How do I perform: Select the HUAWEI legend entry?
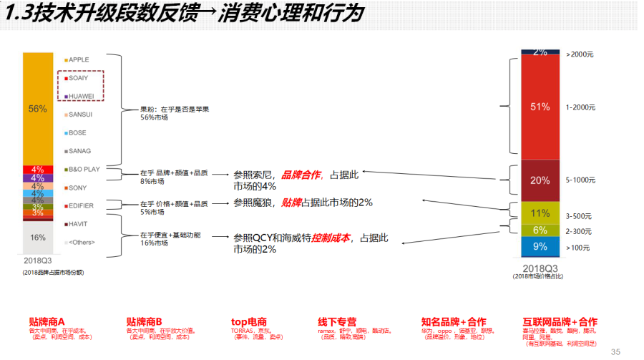[x=81, y=96]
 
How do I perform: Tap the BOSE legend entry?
[x=77, y=132]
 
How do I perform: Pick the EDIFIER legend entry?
[x=82, y=205]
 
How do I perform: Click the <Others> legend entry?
[x=82, y=242]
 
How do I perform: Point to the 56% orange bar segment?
[x=38, y=109]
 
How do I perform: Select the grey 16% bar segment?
[x=38, y=237]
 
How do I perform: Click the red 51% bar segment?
[x=540, y=107]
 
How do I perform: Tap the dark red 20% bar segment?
[x=540, y=180]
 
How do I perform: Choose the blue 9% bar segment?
[x=540, y=247]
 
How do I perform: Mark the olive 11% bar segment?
[x=540, y=213]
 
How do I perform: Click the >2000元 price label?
[x=580, y=54]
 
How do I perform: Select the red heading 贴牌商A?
[x=47, y=322]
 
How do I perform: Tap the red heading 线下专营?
[x=336, y=322]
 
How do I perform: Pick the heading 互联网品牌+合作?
[x=560, y=322]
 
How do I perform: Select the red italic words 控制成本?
[x=331, y=238]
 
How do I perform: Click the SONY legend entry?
[x=77, y=188]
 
